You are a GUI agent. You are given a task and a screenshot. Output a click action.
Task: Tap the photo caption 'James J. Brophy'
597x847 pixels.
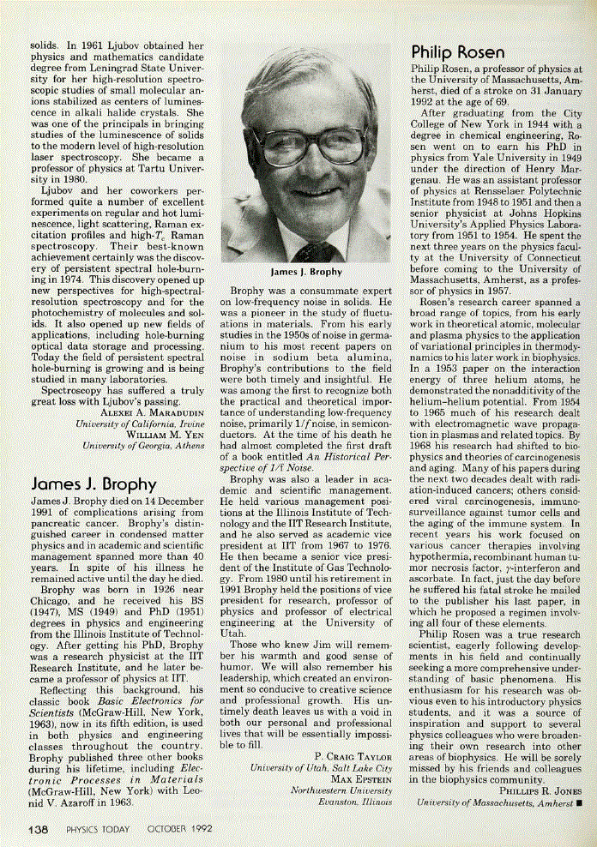point(306,272)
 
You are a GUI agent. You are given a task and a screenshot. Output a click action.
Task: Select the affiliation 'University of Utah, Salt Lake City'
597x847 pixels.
point(322,768)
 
